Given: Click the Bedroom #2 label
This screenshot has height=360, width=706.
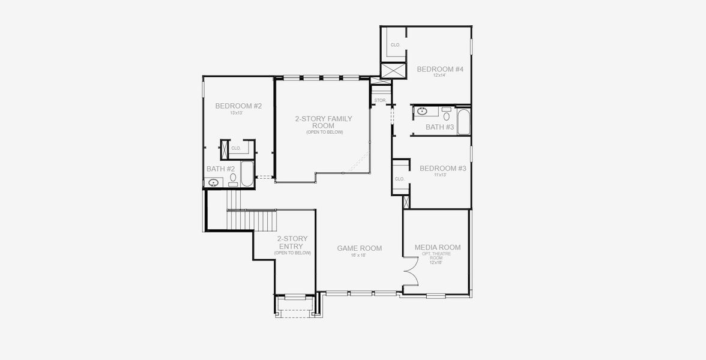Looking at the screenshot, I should coord(238,106).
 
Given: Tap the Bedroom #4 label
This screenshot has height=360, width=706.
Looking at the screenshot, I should coord(440,69).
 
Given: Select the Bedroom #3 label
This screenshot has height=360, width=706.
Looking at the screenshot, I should coord(442,169).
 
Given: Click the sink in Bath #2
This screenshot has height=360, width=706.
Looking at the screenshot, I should coord(214,182).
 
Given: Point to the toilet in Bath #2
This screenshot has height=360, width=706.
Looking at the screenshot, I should coord(233,179).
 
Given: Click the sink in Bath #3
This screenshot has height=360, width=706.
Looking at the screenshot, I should coord(422,111).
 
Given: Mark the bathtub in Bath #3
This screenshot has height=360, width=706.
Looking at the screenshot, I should coord(463,121).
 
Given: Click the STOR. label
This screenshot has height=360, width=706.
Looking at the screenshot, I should coord(380,100).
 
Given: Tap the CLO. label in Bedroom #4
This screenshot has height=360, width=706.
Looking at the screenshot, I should coord(396,45).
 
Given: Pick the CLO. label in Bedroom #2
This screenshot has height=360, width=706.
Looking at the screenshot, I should coord(236,148).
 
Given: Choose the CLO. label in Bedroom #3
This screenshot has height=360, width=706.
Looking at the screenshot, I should coord(400,179).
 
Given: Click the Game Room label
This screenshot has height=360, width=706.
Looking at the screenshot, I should coord(359,248).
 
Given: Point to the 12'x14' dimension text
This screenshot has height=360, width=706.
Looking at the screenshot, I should coord(440,76).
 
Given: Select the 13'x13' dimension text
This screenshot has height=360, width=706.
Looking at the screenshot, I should coord(238,113).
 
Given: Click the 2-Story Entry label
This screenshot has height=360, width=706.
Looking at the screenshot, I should coord(292,242).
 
